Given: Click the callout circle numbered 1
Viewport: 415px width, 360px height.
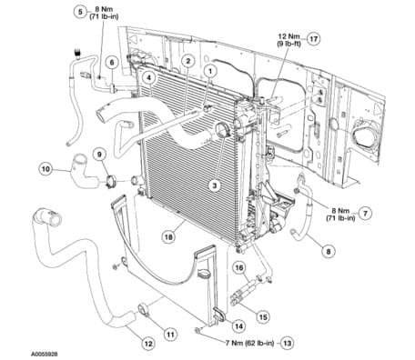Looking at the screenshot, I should click(x=209, y=69).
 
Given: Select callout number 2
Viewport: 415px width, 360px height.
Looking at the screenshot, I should click(x=187, y=61).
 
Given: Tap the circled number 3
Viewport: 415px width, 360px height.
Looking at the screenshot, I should click(x=215, y=185).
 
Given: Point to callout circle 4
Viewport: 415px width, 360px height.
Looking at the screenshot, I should click(x=146, y=79).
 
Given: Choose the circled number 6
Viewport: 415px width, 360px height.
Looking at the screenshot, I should click(x=111, y=61).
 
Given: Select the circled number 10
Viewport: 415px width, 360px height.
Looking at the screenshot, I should click(x=45, y=167).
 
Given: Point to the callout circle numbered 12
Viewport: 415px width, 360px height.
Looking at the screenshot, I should click(x=147, y=343).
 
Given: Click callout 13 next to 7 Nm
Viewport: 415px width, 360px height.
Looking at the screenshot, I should click(x=288, y=343).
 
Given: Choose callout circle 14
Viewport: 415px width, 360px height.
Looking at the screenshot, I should click(x=238, y=325).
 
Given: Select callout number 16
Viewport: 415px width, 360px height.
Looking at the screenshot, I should click(x=239, y=268).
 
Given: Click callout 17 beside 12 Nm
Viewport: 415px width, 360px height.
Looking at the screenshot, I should click(x=315, y=39).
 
